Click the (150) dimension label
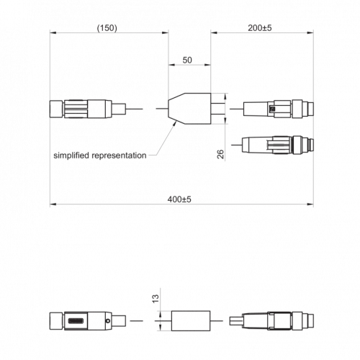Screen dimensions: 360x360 tap(107, 28)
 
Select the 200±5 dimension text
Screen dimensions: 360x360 tap(260, 28)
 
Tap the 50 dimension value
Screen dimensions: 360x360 tap(187, 60)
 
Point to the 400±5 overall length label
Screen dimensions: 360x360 tap(179, 199)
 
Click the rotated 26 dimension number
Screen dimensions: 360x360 tap(220, 154)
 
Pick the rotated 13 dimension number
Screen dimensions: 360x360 tap(156, 299)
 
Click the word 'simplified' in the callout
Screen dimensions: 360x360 tap(71, 156)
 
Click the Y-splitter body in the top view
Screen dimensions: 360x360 tap(189, 109)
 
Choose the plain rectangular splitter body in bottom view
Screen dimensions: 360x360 tap(191, 321)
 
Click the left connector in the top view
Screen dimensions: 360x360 tap(88, 109)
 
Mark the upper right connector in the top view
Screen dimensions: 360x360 tap(279, 109)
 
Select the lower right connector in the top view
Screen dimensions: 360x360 tap(278, 145)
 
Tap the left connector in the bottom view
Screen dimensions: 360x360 tap(88, 321)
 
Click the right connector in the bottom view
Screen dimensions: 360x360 tap(271, 321)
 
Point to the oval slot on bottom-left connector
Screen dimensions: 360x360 tap(76, 321)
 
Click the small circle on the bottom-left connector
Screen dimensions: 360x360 tap(108, 320)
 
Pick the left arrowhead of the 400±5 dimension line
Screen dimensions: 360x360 tap(53, 204)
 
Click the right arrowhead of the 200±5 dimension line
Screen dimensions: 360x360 tap(310, 32)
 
